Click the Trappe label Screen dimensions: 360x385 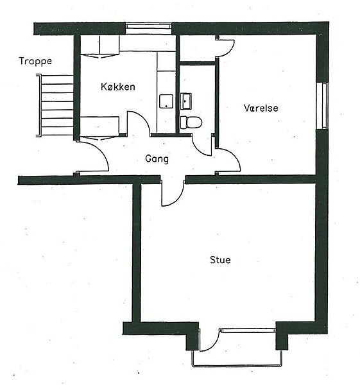tap(35, 62)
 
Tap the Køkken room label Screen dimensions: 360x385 tap(118, 87)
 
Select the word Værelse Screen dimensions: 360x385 tap(261, 108)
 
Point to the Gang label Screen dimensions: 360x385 tap(157, 159)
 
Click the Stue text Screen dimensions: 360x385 tap(220, 260)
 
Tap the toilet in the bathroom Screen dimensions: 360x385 tap(191, 123)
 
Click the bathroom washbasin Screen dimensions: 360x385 tap(186, 101)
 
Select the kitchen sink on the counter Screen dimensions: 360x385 tap(166, 101)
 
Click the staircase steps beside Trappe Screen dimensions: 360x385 tap(55, 105)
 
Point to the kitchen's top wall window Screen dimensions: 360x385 tap(149, 29)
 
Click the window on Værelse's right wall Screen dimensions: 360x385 tap(322, 106)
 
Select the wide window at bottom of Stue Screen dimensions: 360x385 tap(248, 330)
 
